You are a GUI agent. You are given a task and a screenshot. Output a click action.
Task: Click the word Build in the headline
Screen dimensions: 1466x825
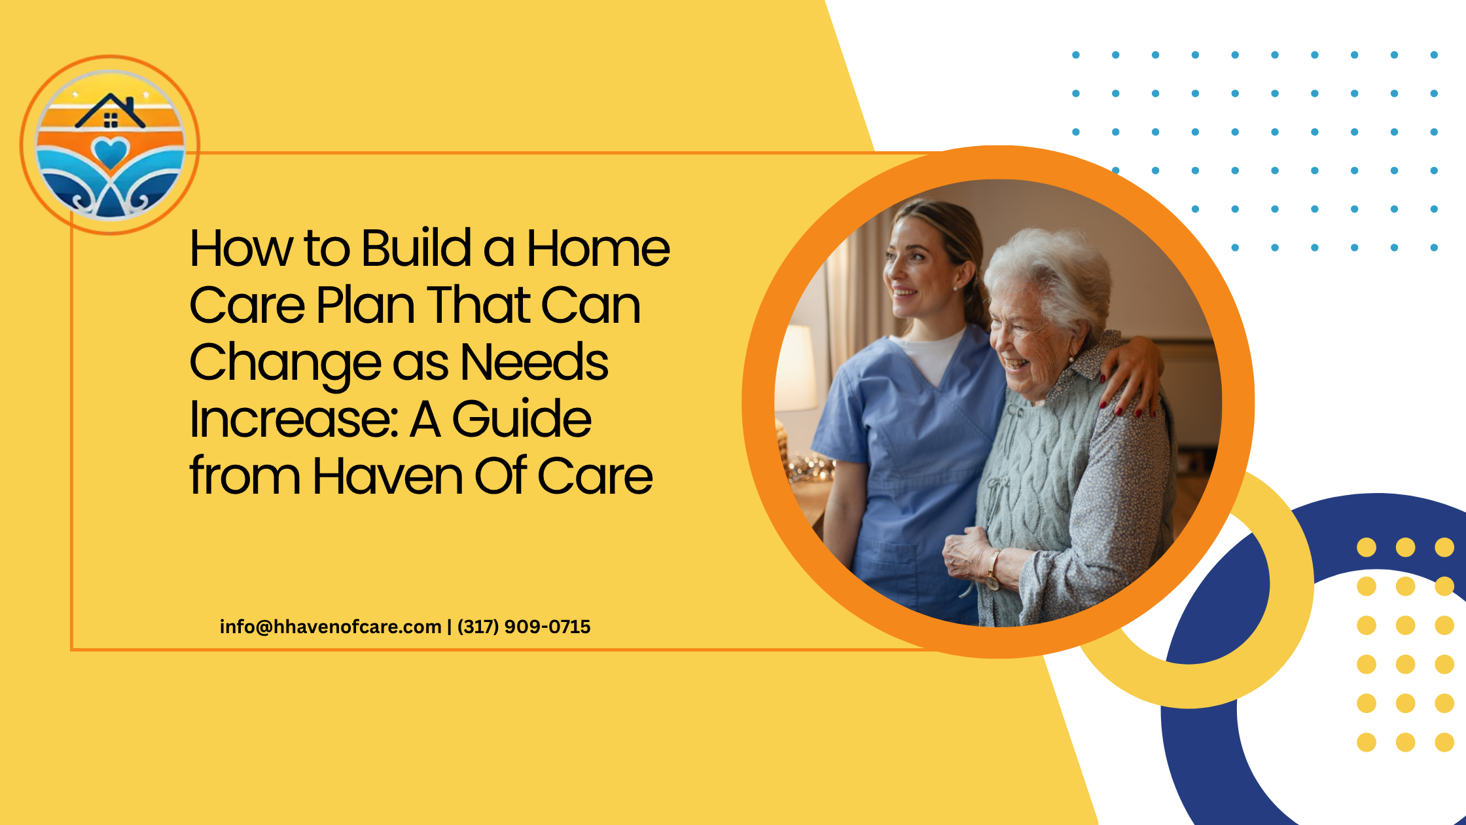[416, 248]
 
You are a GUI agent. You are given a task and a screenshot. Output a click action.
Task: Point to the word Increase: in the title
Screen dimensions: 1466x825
[294, 419]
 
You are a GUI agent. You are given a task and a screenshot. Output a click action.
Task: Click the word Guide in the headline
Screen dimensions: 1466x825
[522, 419]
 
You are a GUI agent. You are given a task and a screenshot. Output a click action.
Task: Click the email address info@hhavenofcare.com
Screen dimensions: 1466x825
[331, 627]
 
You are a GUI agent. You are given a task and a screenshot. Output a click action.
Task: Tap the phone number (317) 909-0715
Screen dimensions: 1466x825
[524, 627]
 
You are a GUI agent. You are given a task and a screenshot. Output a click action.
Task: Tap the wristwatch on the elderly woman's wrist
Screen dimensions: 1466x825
[993, 570]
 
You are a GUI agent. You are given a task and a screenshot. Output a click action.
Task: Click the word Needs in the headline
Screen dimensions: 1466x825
[534, 362]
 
